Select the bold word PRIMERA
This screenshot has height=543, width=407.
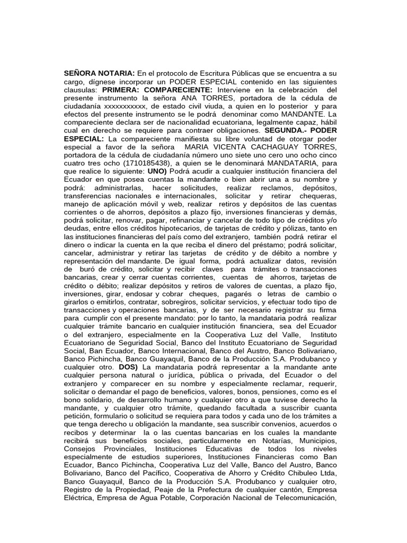[121, 90]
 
